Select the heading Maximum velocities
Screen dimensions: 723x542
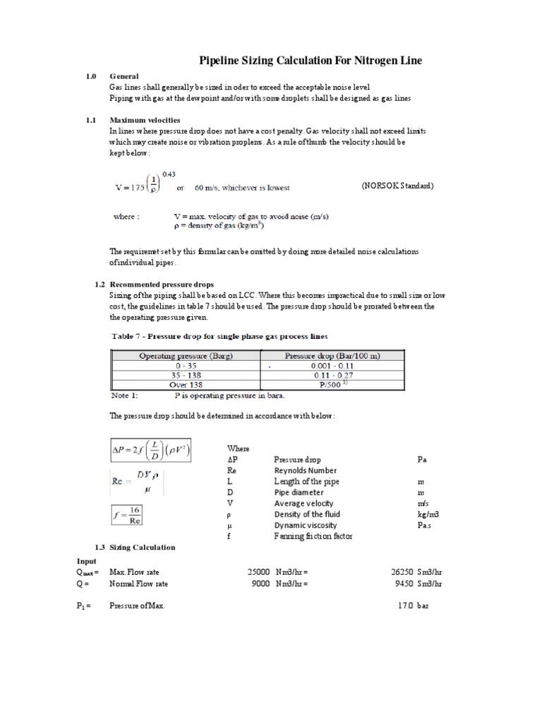pyautogui.click(x=145, y=120)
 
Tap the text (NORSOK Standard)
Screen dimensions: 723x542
pyautogui.click(x=397, y=186)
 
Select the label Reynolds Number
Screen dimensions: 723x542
pyautogui.click(x=305, y=470)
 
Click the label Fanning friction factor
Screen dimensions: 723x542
pyautogui.click(x=313, y=536)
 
